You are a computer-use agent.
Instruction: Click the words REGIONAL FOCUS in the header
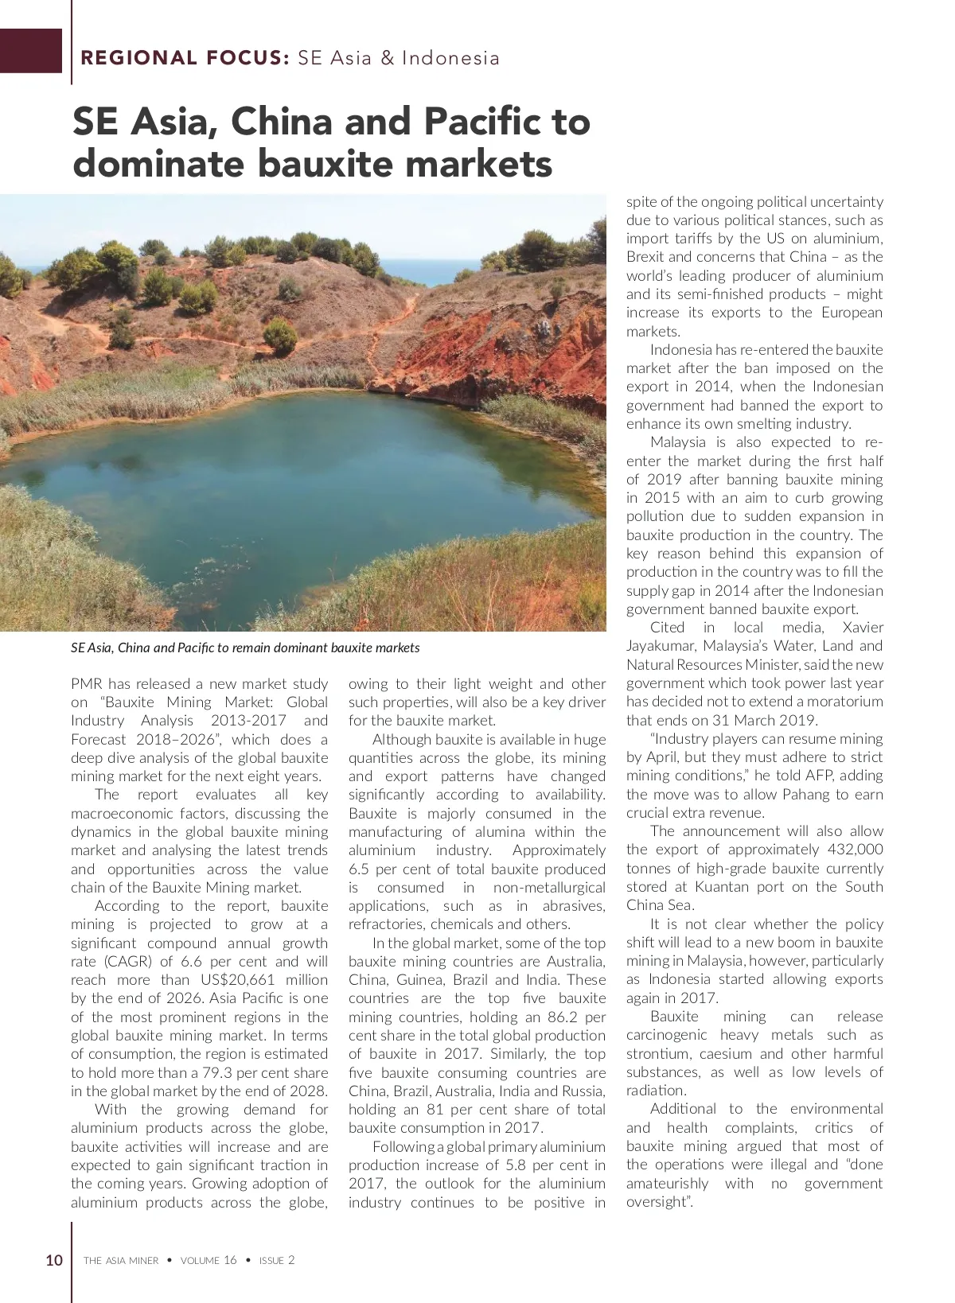(x=185, y=58)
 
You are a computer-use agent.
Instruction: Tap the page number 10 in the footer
(x=54, y=1260)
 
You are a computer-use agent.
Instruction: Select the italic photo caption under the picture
(x=245, y=648)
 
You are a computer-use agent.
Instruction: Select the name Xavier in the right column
(x=863, y=628)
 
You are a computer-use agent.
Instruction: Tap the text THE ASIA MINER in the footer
(x=121, y=1261)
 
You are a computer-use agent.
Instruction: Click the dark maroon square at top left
(x=30, y=51)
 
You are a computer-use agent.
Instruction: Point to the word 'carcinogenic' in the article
(x=666, y=1035)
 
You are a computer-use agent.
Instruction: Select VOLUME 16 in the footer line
(x=209, y=1261)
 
